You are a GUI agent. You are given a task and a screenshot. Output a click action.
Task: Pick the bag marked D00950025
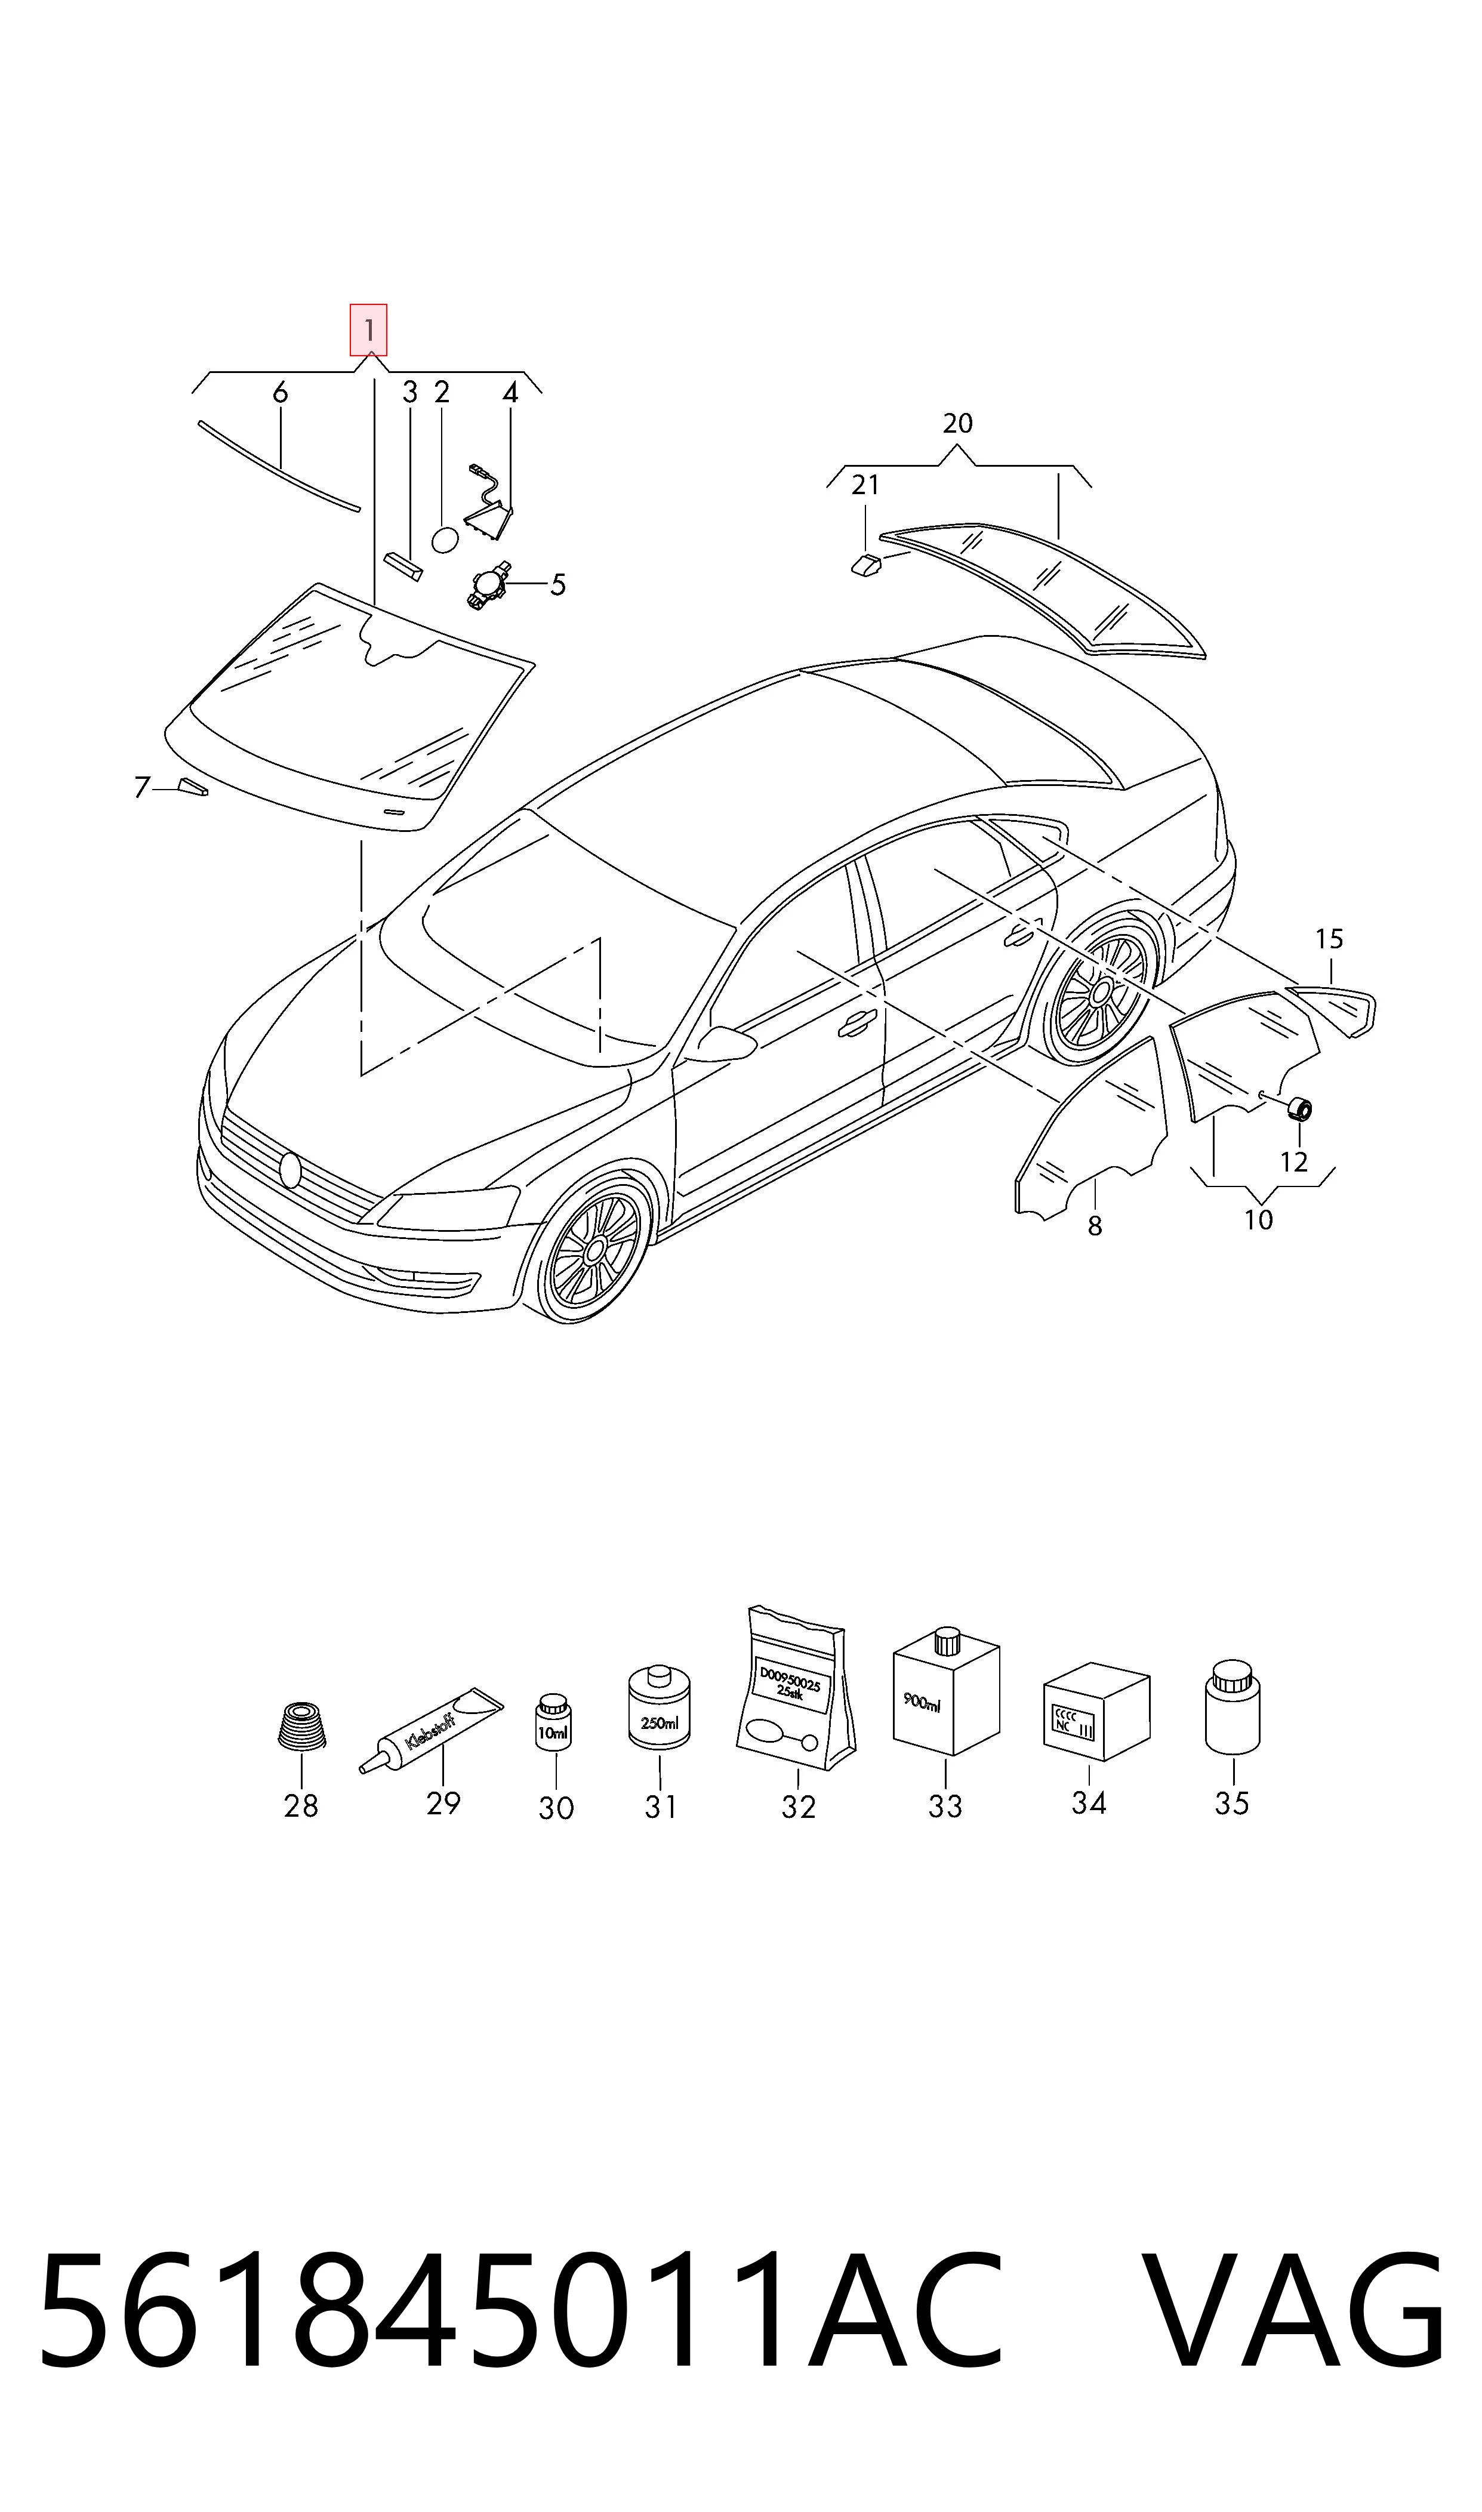796,1691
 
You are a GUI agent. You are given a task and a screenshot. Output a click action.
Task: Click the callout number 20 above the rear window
957,423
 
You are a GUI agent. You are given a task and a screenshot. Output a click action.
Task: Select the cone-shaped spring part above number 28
301,1725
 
